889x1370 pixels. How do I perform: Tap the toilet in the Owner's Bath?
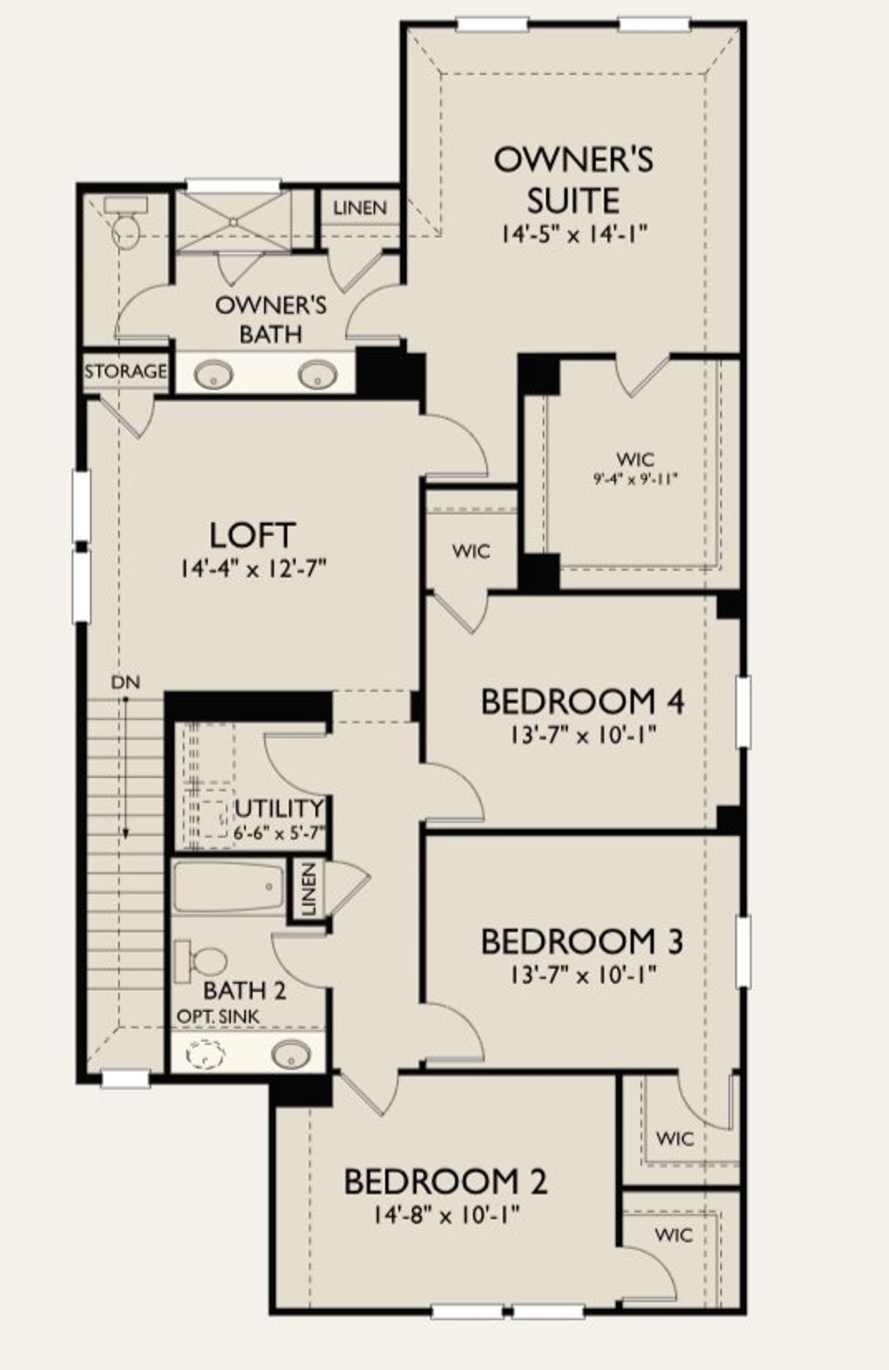(126, 224)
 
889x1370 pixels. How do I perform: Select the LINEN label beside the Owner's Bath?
(360, 208)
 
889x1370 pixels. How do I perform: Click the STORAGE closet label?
(126, 371)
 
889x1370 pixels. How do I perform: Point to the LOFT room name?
(253, 535)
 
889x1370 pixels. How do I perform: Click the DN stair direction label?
(125, 683)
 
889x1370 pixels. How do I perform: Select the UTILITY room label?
(279, 808)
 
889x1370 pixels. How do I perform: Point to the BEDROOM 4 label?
(582, 701)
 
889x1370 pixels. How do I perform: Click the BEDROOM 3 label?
(582, 942)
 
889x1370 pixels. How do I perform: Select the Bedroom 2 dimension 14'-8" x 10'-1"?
(447, 1214)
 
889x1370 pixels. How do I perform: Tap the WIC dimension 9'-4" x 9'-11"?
(635, 478)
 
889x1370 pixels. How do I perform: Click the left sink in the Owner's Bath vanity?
(213, 376)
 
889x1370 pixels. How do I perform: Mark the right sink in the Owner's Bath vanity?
(317, 376)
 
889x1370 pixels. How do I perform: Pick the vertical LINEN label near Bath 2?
(309, 889)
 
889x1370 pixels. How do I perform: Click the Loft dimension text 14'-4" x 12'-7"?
(253, 569)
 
